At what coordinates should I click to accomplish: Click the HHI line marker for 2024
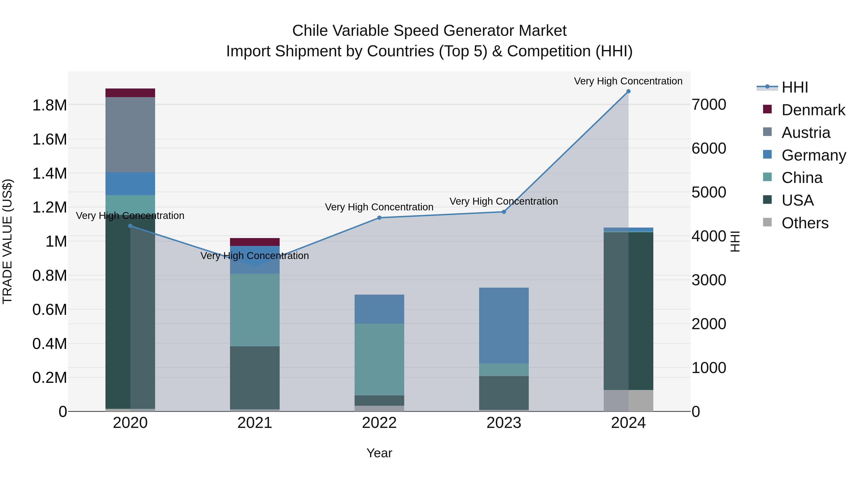[x=628, y=91]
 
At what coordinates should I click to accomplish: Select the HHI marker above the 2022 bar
[x=379, y=218]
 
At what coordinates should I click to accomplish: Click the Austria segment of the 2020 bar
[x=130, y=135]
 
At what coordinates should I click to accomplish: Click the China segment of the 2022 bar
[x=379, y=359]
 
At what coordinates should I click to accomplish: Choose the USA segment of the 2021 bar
[x=255, y=377]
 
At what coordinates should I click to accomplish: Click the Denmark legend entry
[x=813, y=110]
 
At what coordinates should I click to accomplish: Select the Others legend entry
[x=805, y=223]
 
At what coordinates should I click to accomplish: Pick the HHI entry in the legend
[x=795, y=87]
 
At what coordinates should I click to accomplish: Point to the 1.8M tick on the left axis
[x=49, y=105]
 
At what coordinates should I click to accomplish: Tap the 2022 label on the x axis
[x=379, y=423]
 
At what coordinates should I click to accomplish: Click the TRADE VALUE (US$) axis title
[x=8, y=241]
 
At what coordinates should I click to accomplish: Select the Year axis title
[x=379, y=453]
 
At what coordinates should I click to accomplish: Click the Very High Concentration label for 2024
[x=628, y=81]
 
